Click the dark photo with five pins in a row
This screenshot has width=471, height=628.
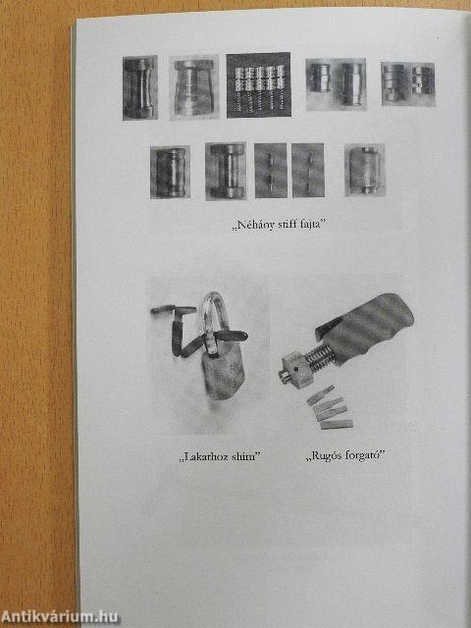point(258,85)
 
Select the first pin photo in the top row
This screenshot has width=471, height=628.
point(139,87)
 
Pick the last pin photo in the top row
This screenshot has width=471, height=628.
point(408,82)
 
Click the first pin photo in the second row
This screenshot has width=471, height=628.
point(169,171)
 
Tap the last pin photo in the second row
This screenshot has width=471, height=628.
point(364,169)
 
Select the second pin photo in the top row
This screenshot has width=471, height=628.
point(193,87)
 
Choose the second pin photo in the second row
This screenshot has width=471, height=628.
point(224,171)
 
